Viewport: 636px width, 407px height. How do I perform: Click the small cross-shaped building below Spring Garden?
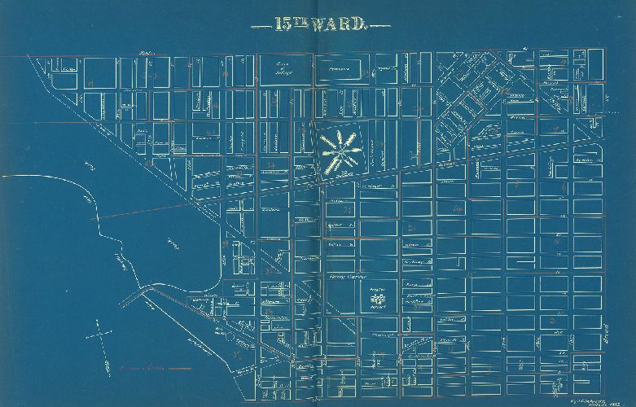click(375, 300)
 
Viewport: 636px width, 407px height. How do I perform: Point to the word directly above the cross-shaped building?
click(375, 290)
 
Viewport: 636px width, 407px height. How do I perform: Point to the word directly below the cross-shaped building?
click(375, 309)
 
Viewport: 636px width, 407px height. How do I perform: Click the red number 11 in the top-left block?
click(93, 84)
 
